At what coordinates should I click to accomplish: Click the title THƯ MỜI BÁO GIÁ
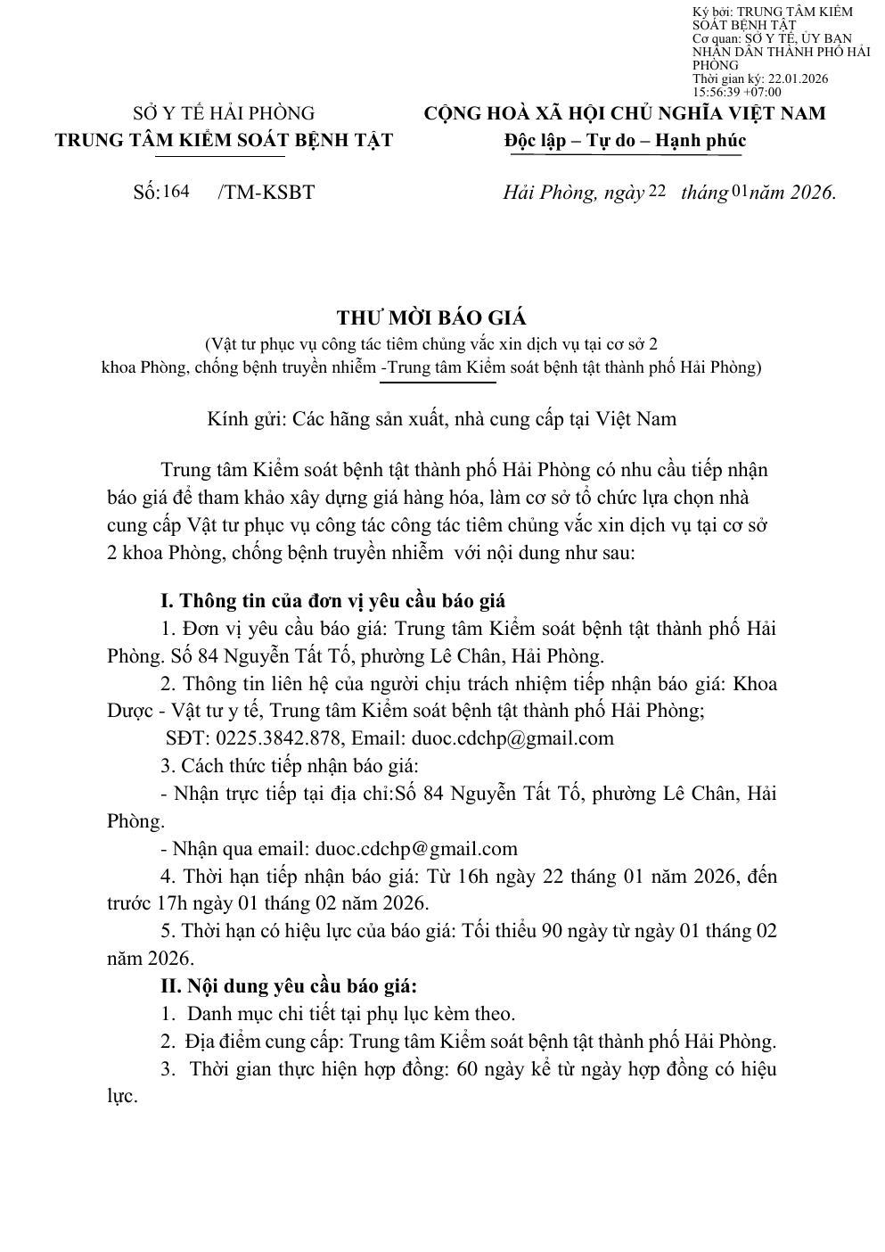431,318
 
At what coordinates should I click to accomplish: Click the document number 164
176,191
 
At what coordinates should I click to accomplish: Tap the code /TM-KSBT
266,192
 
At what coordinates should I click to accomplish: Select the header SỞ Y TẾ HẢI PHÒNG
224,113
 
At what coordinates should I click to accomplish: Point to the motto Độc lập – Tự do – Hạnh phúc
624,141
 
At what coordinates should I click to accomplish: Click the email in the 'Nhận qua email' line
416,849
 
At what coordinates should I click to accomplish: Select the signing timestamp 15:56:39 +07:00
736,92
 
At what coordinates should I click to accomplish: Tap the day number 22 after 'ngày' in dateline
657,190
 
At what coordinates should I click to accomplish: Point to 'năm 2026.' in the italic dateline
793,192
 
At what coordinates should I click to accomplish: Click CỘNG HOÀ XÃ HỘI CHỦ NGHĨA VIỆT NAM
624,113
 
